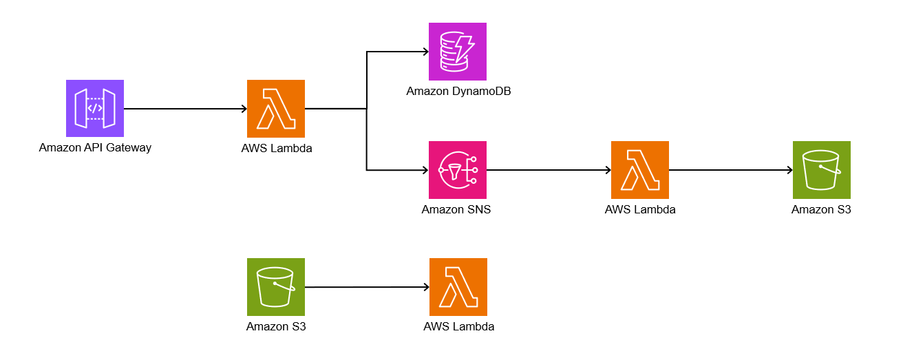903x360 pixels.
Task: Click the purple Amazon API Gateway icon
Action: [x=95, y=109]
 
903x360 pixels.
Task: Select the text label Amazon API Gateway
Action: [x=95, y=147]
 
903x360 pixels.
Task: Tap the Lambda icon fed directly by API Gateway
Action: [x=276, y=109]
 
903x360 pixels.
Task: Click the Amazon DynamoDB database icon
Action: [x=458, y=52]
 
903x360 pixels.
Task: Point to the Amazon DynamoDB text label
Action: [x=458, y=91]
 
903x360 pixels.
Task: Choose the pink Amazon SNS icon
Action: [x=458, y=170]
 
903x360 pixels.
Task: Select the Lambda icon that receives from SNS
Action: [x=640, y=170]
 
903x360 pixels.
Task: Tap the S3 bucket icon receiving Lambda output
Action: [x=821, y=170]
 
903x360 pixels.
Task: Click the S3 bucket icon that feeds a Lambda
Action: [x=276, y=287]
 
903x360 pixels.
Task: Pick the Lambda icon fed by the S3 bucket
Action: [x=458, y=287]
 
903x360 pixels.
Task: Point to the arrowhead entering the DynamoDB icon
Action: [x=425, y=52]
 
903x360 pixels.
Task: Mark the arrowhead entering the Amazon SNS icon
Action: [x=425, y=170]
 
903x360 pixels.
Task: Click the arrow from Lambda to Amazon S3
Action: [x=730, y=170]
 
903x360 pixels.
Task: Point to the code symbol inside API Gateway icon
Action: [x=95, y=108]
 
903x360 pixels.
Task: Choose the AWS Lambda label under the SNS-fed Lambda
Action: [x=640, y=209]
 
